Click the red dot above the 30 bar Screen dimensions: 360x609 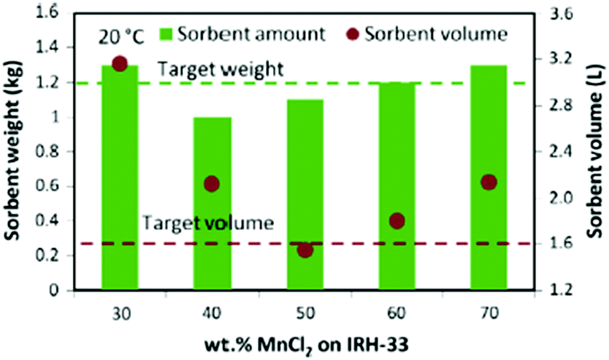coord(120,63)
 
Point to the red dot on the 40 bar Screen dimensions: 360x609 coord(212,184)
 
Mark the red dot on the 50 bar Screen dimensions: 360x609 coord(305,250)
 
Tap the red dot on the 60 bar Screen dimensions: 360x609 coord(397,220)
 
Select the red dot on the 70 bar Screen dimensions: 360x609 coord(489,182)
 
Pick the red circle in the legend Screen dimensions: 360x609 coord(353,34)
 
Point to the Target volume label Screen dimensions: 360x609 coord(208,222)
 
